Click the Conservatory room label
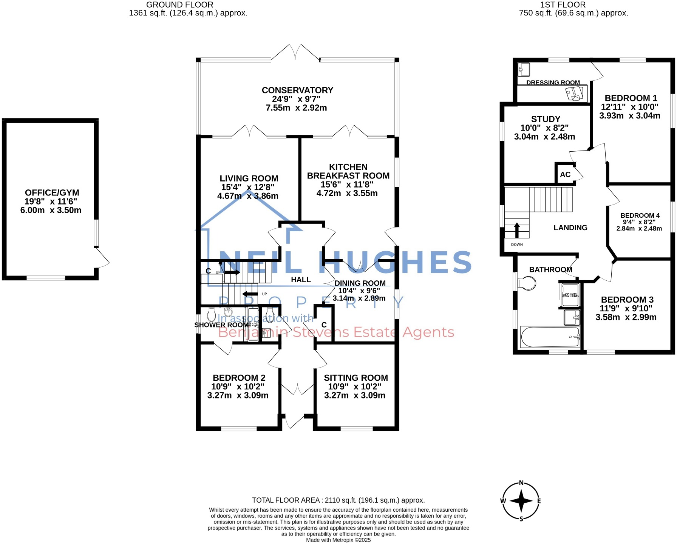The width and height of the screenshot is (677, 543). tap(297, 91)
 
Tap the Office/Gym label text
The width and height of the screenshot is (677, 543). tap(52, 193)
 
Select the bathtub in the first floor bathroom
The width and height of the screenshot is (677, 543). tap(550, 337)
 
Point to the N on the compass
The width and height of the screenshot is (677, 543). tap(521, 483)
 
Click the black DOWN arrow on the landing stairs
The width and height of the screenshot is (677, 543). tap(516, 230)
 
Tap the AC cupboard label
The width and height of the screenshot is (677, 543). tap(565, 175)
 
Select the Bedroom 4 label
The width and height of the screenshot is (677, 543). tap(640, 215)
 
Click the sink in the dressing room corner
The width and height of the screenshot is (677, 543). tap(524, 69)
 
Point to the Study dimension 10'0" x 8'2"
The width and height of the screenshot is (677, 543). tap(544, 128)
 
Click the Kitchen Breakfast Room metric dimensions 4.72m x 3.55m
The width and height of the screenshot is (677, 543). tap(347, 194)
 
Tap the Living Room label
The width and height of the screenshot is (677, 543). tap(249, 178)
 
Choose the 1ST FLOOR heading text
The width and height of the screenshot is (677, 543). tap(563, 5)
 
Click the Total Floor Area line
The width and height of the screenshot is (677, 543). tap(338, 500)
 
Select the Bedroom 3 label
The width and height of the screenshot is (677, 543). tap(627, 300)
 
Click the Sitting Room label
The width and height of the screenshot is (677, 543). tap(356, 378)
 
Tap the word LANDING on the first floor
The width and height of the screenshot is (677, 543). tap(570, 228)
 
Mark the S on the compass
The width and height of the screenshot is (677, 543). tap(521, 519)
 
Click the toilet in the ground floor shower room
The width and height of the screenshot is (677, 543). tap(212, 315)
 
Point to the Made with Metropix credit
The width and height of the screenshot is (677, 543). tap(338, 540)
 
